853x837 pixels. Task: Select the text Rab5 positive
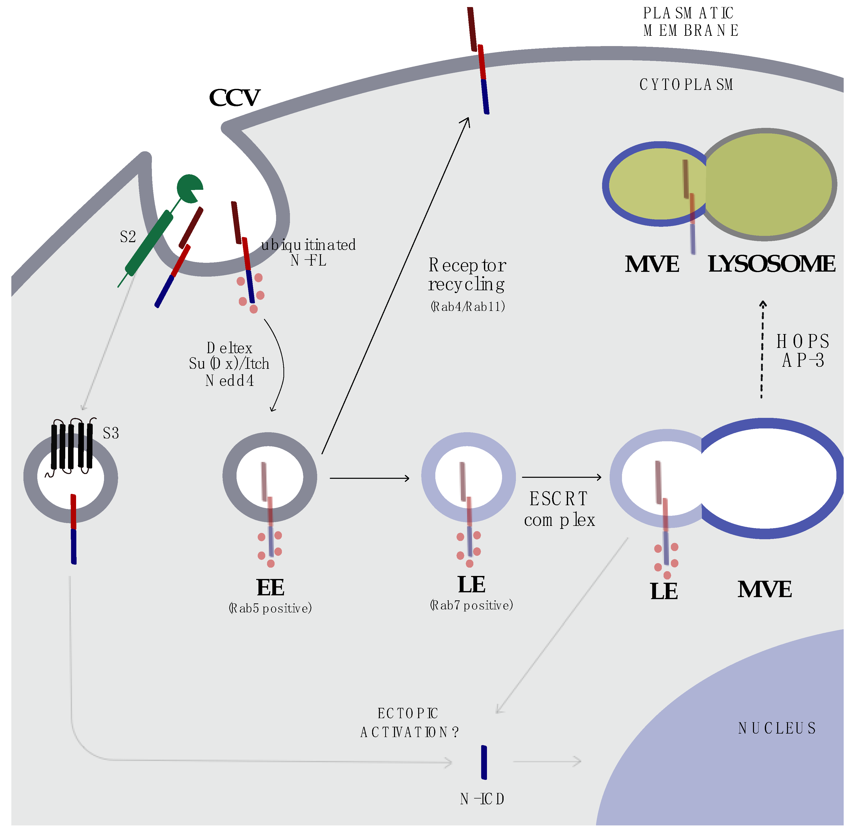coord(270,608)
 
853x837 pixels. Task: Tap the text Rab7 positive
coord(471,605)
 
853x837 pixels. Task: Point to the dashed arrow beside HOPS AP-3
coord(762,349)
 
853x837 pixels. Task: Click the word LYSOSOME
coord(771,264)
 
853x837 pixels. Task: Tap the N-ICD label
coord(482,799)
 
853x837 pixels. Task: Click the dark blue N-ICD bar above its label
coord(484,762)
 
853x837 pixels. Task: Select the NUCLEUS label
coord(777,729)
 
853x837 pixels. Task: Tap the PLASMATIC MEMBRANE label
coord(690,22)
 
